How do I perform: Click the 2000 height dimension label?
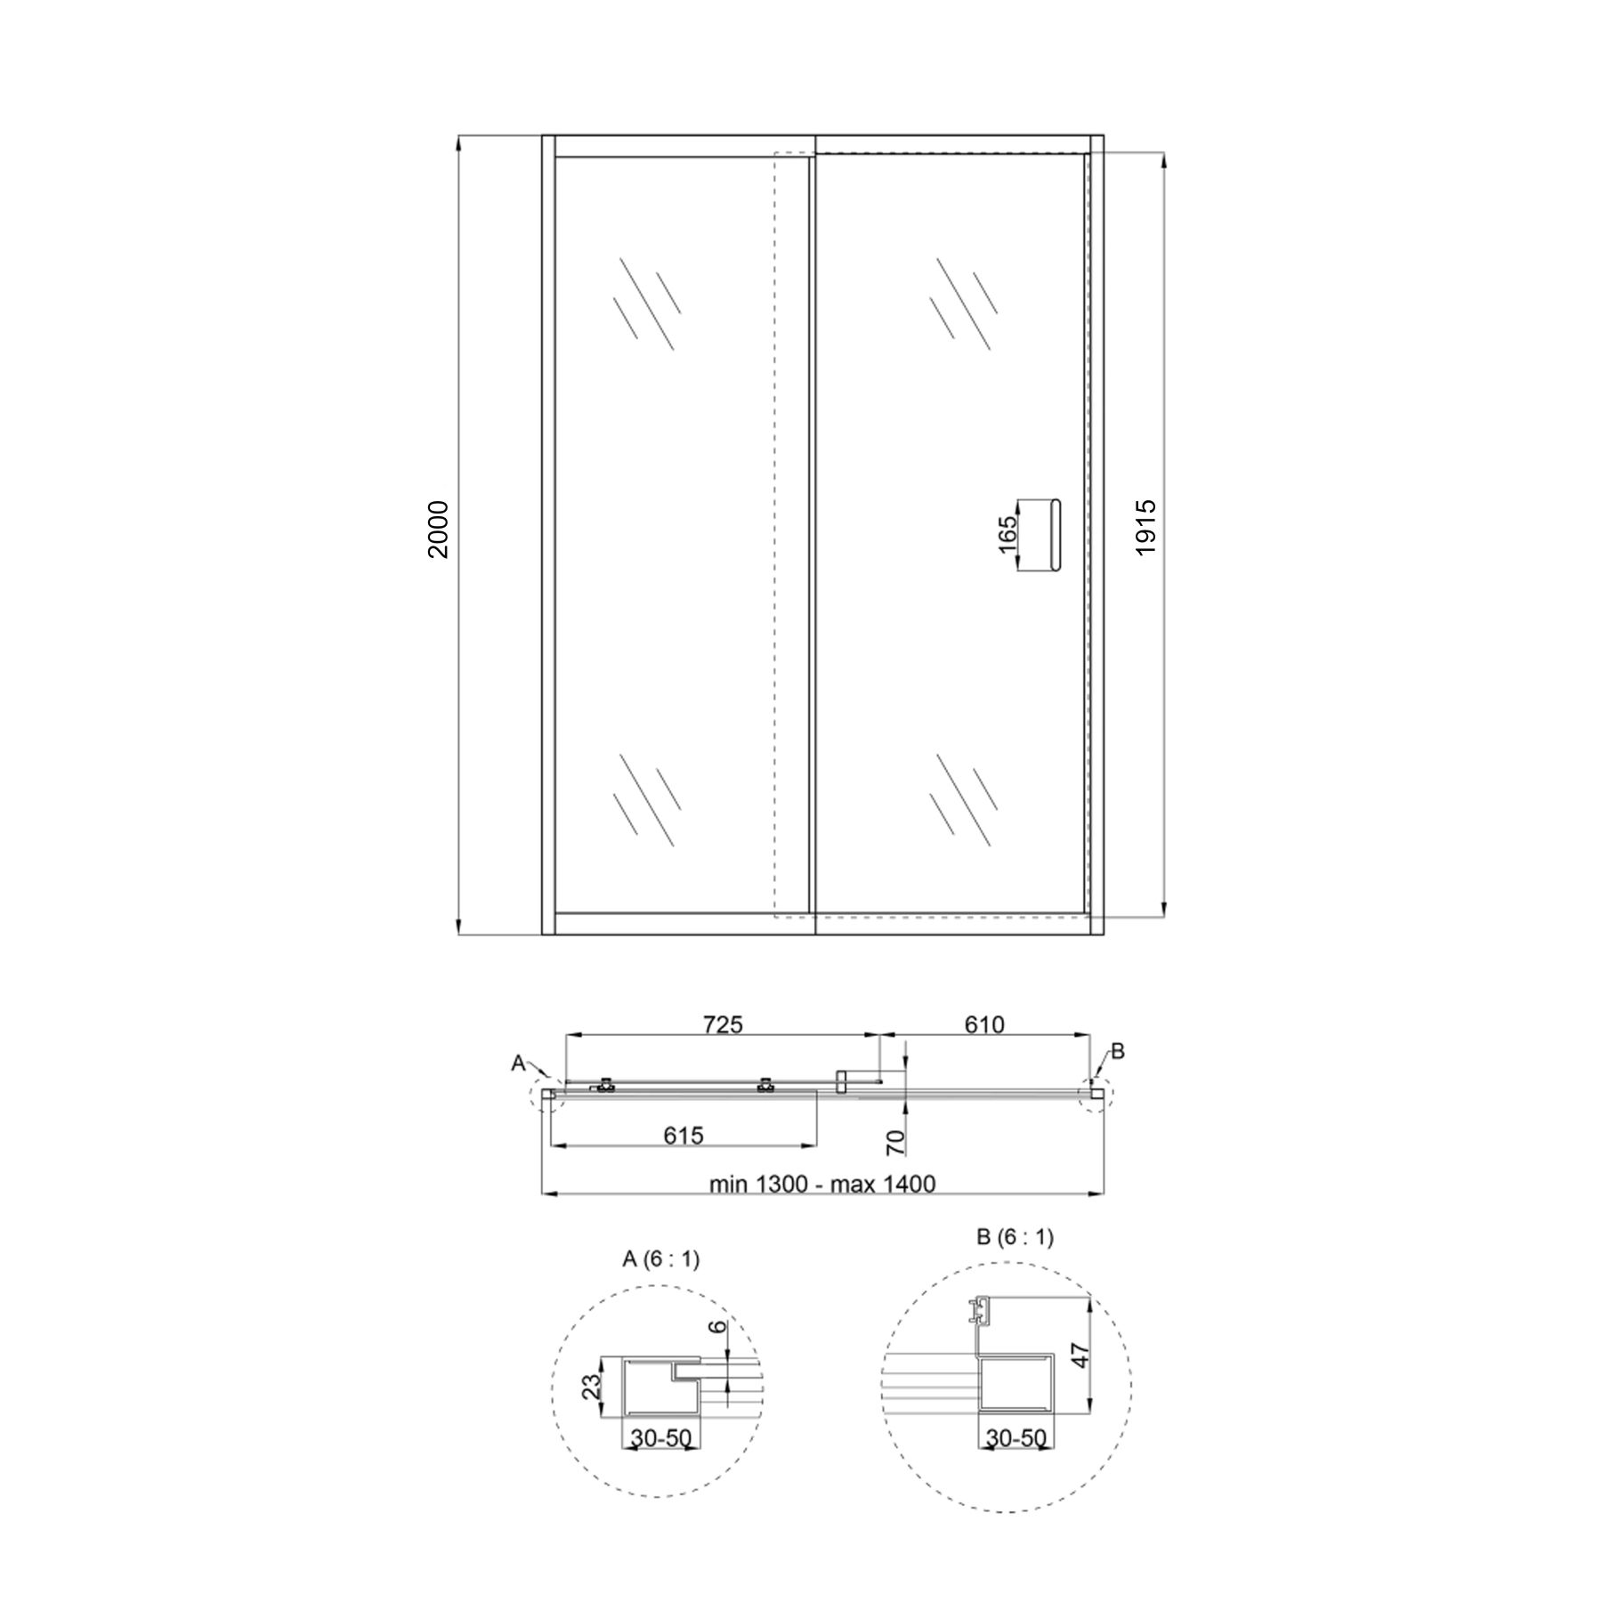[440, 530]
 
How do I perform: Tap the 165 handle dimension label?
[1008, 536]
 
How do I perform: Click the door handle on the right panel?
[1057, 536]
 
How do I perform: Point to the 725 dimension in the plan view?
[723, 1025]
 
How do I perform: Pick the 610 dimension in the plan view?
[984, 1025]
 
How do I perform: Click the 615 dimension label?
[684, 1136]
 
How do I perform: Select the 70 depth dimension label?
[896, 1143]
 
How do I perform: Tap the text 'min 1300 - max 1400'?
[822, 1184]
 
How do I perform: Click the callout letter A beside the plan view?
[518, 1063]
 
